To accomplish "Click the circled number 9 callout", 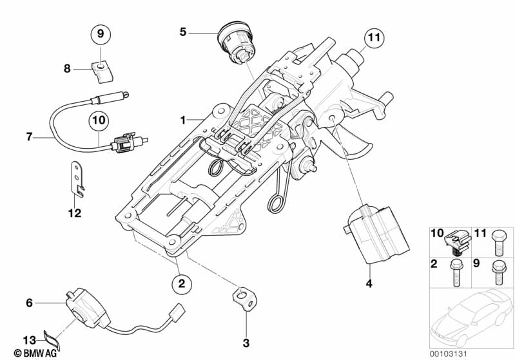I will click(101, 32).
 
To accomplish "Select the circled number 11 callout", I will click(373, 39).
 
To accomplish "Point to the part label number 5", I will click(183, 31).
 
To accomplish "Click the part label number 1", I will click(183, 120).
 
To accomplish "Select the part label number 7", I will click(29, 137).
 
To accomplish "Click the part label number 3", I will click(246, 343).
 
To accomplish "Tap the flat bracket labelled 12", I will click(77, 178).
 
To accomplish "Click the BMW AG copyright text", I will click(24, 353).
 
